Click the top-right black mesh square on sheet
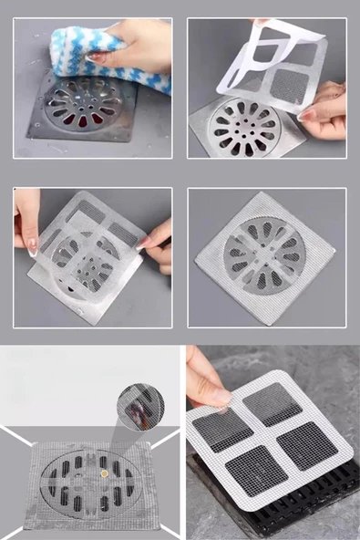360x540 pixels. [273, 403]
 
